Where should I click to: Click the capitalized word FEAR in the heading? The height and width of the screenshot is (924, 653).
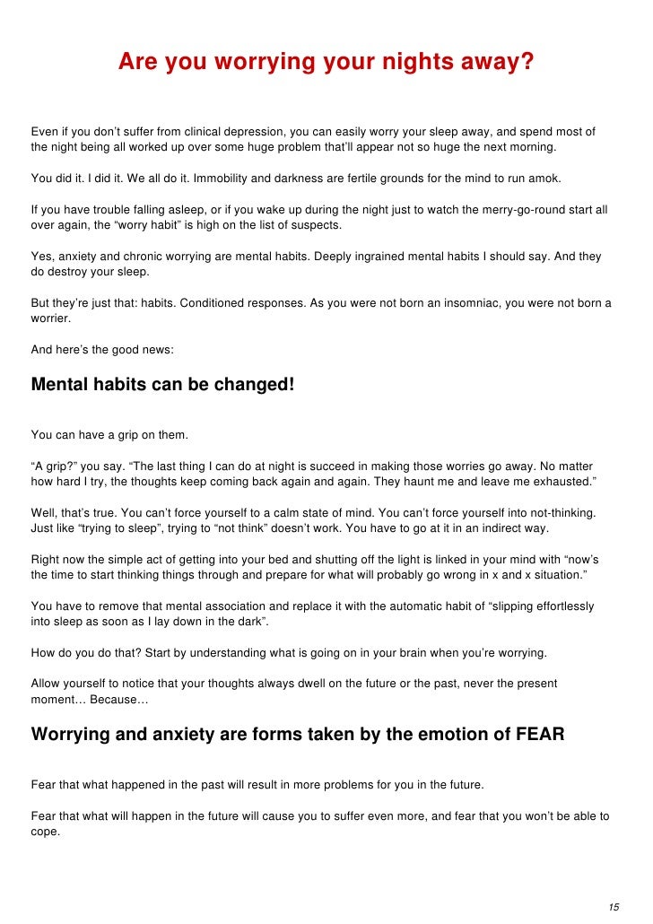pyautogui.click(x=540, y=734)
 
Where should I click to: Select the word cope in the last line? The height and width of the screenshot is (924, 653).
pyautogui.click(x=45, y=831)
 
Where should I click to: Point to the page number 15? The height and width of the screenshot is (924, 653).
pyautogui.click(x=614, y=905)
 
